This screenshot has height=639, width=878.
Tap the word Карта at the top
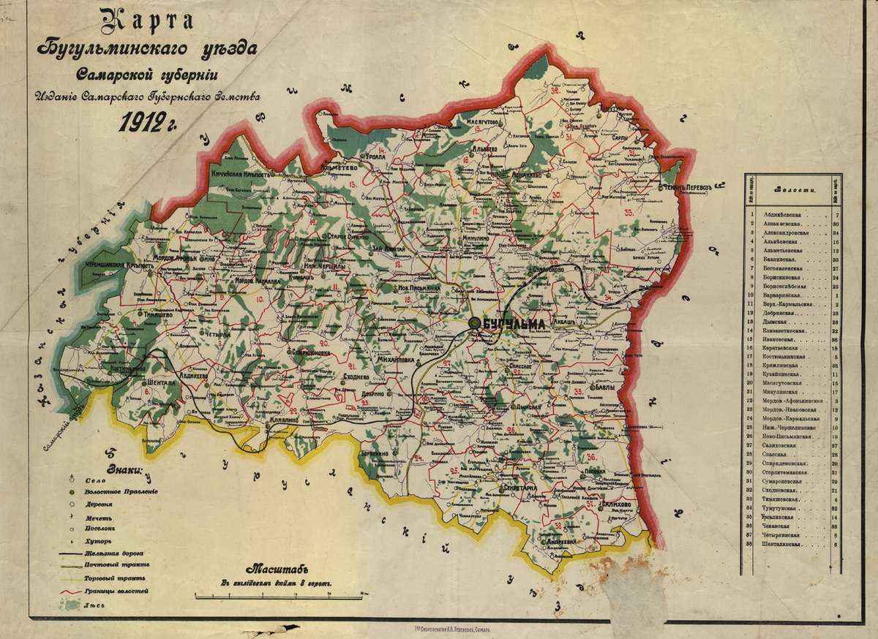[147, 21]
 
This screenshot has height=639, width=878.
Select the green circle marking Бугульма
[475, 322]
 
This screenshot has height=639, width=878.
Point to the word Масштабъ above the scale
[278, 569]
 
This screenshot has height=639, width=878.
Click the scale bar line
[279, 592]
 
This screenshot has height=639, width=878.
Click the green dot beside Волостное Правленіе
[72, 492]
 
